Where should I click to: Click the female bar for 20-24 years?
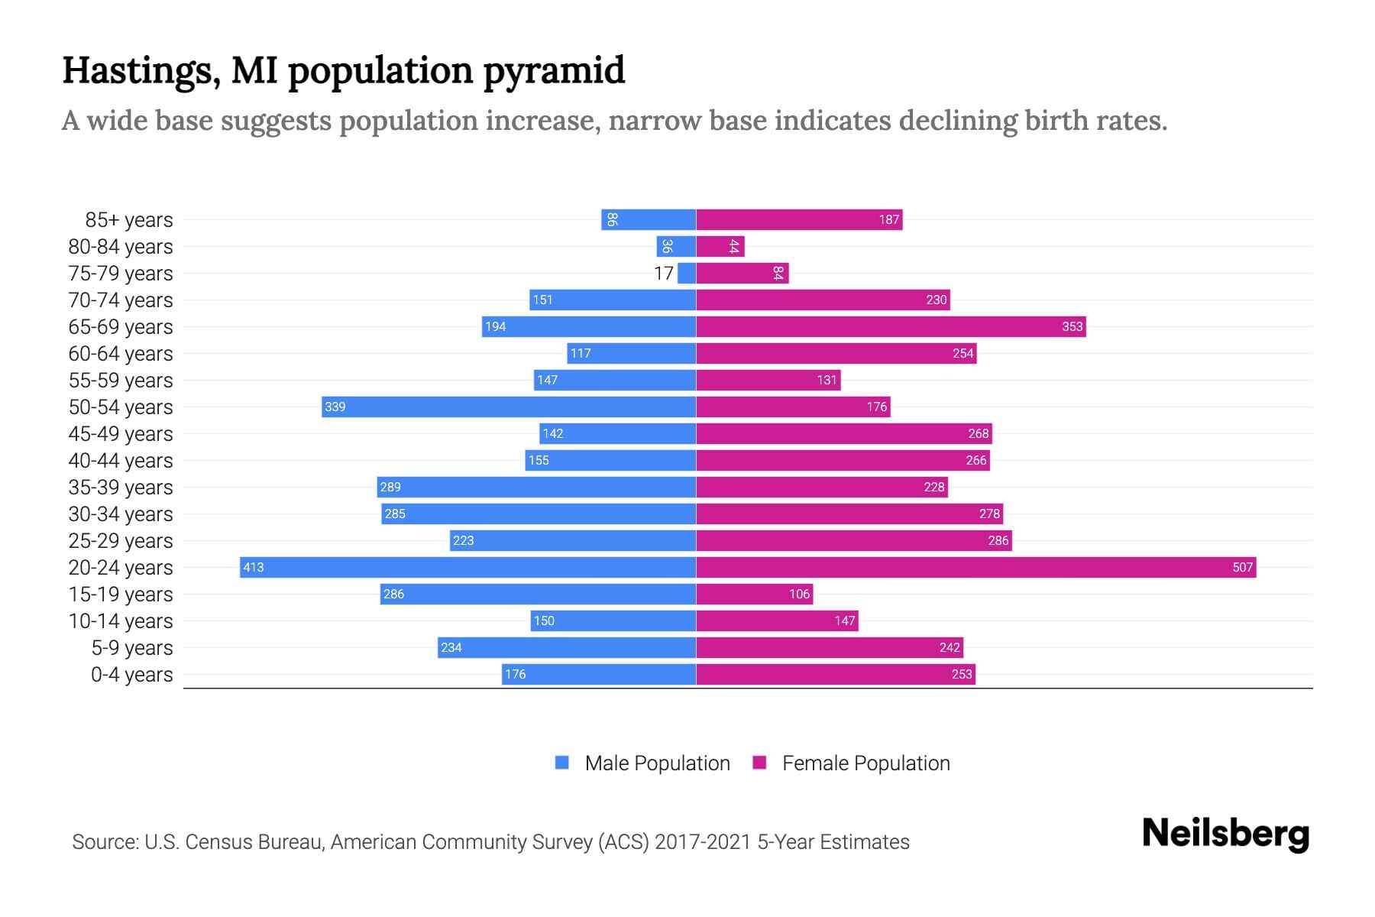975,567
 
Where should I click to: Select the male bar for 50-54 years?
509,407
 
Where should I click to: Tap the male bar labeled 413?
467,567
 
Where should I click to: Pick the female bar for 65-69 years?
891,326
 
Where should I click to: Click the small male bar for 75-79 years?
687,273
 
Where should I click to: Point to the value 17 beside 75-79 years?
664,273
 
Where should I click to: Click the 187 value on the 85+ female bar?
888,219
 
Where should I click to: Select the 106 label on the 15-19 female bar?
799,594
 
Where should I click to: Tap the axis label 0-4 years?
131,674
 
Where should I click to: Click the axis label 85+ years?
128,219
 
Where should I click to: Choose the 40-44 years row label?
121,460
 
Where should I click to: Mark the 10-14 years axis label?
121,621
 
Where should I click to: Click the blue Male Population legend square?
562,763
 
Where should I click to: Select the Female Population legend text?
865,763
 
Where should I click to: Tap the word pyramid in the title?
554,70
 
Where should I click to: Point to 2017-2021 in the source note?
703,841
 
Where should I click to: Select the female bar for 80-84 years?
720,246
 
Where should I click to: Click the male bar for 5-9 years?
566,647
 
